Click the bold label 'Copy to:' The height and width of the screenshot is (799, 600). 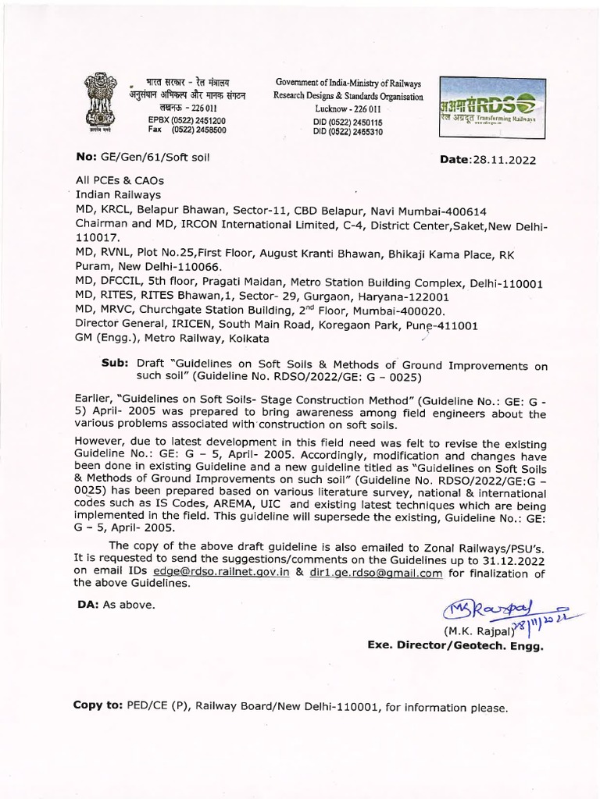click(98, 705)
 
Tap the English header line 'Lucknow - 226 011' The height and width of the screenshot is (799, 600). click(347, 108)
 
